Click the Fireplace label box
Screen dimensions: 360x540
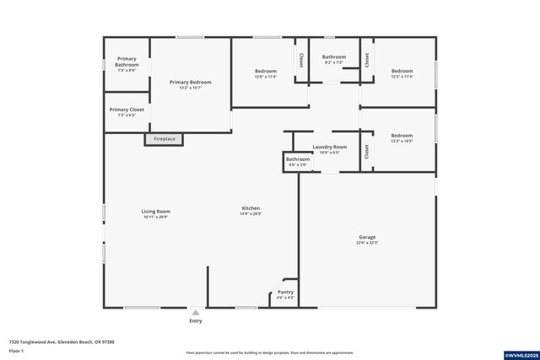click(164, 138)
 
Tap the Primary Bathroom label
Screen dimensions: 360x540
click(127, 62)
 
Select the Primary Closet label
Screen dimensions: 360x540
click(127, 110)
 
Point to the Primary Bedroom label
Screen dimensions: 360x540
click(190, 82)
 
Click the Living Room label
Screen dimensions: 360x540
click(155, 211)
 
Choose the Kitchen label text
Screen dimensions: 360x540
click(251, 207)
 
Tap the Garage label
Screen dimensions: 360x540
click(367, 238)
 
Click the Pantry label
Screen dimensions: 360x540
click(285, 292)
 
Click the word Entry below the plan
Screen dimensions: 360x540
click(196, 320)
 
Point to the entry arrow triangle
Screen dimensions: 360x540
click(196, 312)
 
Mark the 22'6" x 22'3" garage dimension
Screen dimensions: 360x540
click(367, 244)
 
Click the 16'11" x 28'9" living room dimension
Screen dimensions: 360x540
click(155, 217)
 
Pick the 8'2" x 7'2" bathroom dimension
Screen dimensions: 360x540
click(334, 62)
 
